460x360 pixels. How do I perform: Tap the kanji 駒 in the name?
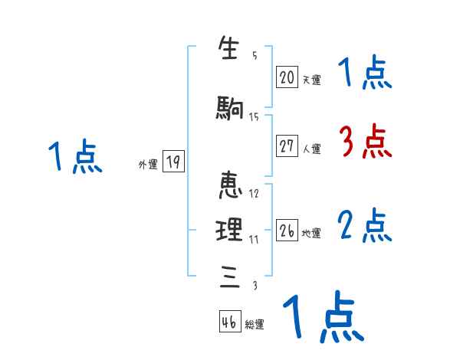click(230, 109)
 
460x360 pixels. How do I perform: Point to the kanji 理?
click(230, 229)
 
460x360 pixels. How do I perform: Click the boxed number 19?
click(173, 162)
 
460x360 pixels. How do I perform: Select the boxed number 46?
click(229, 322)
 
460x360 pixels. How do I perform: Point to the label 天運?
click(311, 79)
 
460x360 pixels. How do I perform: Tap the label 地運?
click(311, 234)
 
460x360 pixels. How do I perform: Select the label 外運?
click(147, 164)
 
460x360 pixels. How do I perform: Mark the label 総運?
click(255, 325)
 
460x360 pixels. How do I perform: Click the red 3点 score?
click(365, 141)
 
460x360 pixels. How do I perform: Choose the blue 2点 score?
click(365, 226)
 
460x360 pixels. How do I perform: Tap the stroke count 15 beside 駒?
click(255, 116)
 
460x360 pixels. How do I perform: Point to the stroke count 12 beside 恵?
click(255, 193)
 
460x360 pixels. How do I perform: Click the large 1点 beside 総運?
click(322, 316)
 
